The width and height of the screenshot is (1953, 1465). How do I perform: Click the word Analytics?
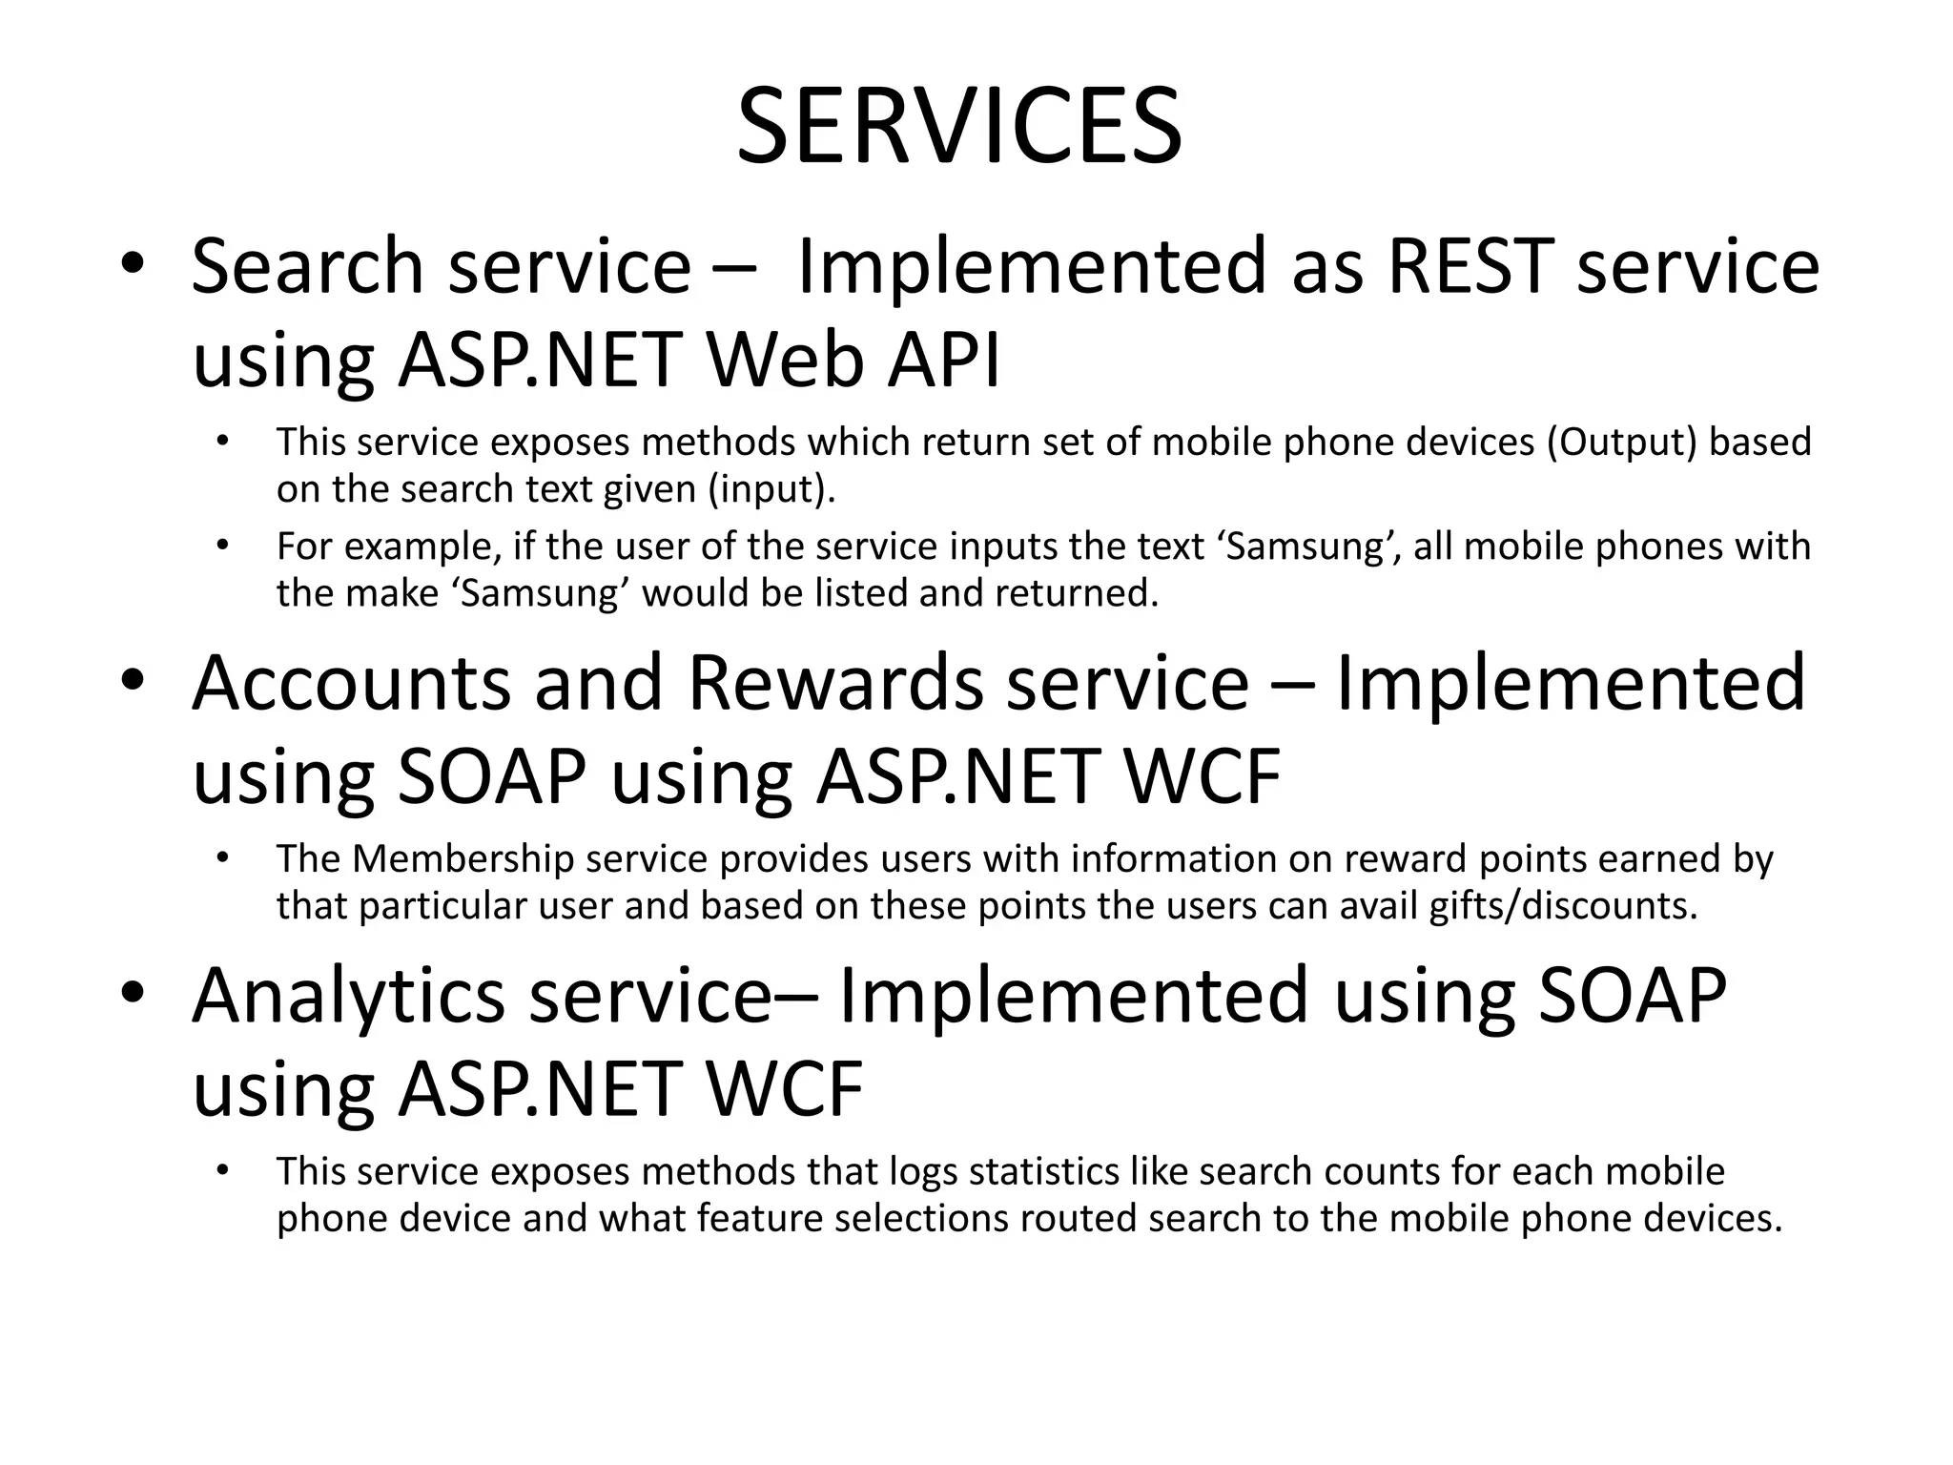tap(348, 995)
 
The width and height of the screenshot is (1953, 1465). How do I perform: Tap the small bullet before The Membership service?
tap(223, 857)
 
